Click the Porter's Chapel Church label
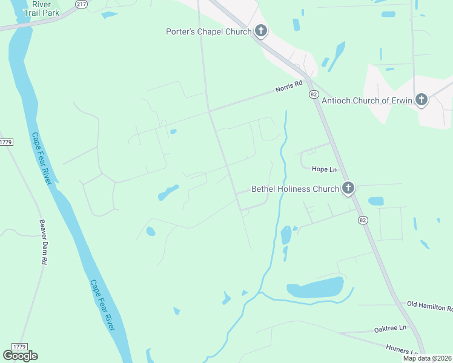click(x=208, y=31)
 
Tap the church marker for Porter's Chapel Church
click(x=261, y=31)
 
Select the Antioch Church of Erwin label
click(x=367, y=100)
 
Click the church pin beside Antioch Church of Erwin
click(x=422, y=100)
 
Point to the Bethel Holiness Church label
click(x=295, y=189)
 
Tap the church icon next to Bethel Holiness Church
click(x=348, y=188)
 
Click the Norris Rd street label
click(x=288, y=87)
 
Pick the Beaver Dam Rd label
click(x=43, y=242)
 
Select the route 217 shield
click(x=81, y=4)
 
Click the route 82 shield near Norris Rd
click(x=313, y=94)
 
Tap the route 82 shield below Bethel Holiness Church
click(x=362, y=220)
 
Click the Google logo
click(x=20, y=356)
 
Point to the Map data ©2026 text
click(x=428, y=358)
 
